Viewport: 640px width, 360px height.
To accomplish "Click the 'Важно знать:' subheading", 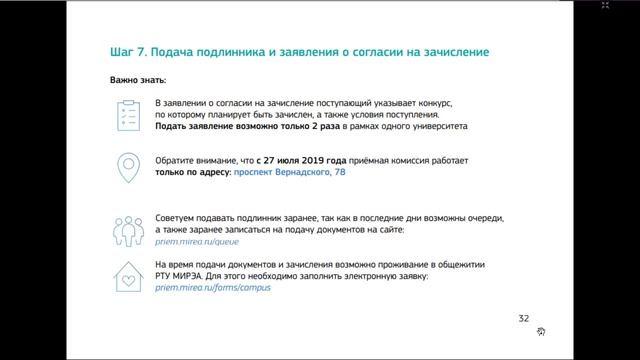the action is pyautogui.click(x=139, y=78).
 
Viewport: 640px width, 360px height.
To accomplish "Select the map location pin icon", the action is pyautogui.click(x=127, y=167).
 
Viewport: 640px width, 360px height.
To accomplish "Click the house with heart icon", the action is pyautogui.click(x=127, y=275).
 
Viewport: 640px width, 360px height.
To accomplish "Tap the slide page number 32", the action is pyautogui.click(x=524, y=318).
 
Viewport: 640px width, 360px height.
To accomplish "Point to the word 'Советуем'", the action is pyautogui.click(x=177, y=217).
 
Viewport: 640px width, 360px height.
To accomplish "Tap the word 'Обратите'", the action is pyautogui.click(x=178, y=160).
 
